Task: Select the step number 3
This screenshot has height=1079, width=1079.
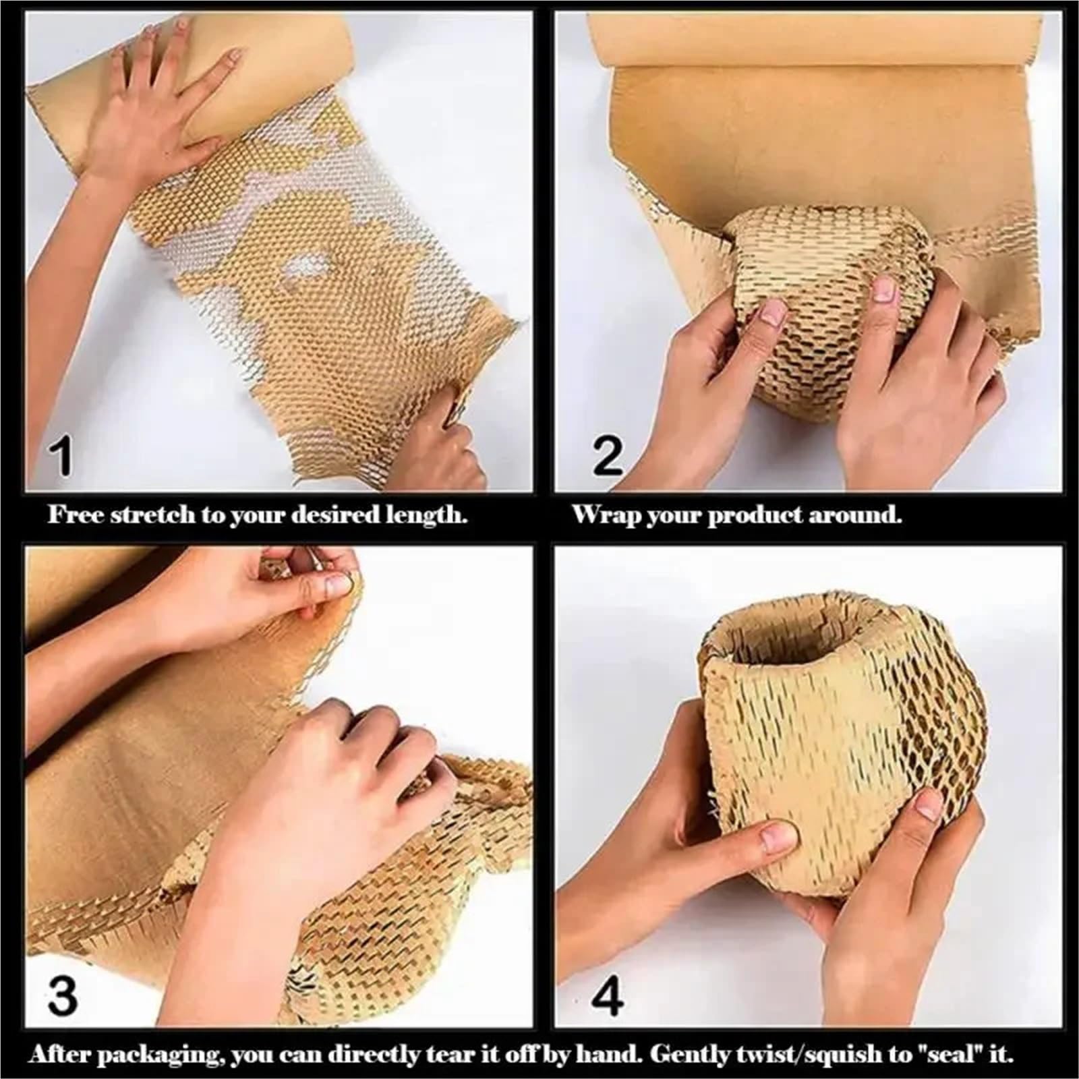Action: pos(62,995)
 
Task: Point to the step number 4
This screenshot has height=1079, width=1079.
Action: pos(608,995)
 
